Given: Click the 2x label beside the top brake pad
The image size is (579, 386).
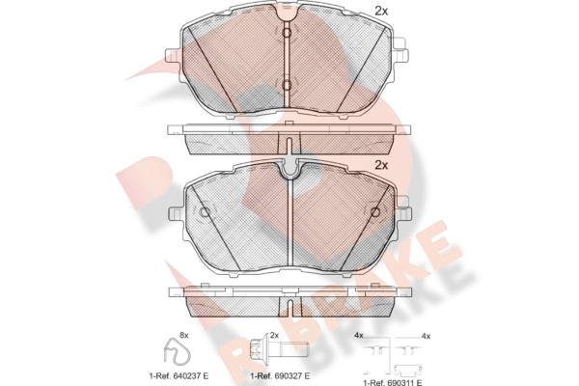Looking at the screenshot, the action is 381,12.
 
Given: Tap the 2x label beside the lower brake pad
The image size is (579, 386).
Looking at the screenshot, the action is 381,165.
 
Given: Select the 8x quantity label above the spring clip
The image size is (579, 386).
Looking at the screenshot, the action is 184,336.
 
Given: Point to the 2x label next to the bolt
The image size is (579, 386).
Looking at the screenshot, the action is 274,336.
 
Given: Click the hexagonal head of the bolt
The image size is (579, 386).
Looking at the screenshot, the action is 257,347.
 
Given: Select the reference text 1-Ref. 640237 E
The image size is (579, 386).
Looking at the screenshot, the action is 179,376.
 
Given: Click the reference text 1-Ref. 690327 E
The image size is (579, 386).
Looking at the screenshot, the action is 280,376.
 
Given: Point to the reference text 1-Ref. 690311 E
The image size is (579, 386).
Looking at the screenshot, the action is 393,383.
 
